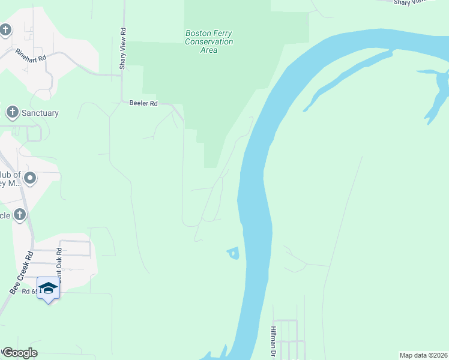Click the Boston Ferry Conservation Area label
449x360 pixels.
209,42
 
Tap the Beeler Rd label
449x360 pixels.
143,103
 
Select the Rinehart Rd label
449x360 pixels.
31,55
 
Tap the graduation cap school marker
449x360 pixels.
48,288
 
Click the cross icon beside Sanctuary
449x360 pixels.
12,112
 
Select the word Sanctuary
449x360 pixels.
40,113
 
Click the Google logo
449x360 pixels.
19,353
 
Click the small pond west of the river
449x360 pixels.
233,254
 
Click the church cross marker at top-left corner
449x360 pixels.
5,29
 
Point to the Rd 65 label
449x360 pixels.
29,291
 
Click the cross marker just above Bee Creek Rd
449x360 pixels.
20,214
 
